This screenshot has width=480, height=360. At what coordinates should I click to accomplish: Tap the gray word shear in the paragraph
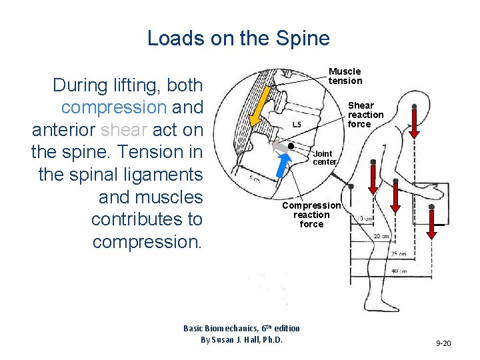[x=124, y=130]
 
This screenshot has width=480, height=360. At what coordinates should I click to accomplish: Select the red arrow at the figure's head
[x=414, y=121]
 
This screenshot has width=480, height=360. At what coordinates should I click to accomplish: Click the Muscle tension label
[x=345, y=76]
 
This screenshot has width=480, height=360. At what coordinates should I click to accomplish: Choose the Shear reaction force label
[x=365, y=115]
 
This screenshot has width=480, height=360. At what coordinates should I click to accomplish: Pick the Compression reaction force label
[x=311, y=215]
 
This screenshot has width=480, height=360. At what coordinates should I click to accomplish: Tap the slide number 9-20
[x=443, y=343]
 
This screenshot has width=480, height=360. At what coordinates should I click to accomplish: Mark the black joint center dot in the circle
[x=291, y=145]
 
